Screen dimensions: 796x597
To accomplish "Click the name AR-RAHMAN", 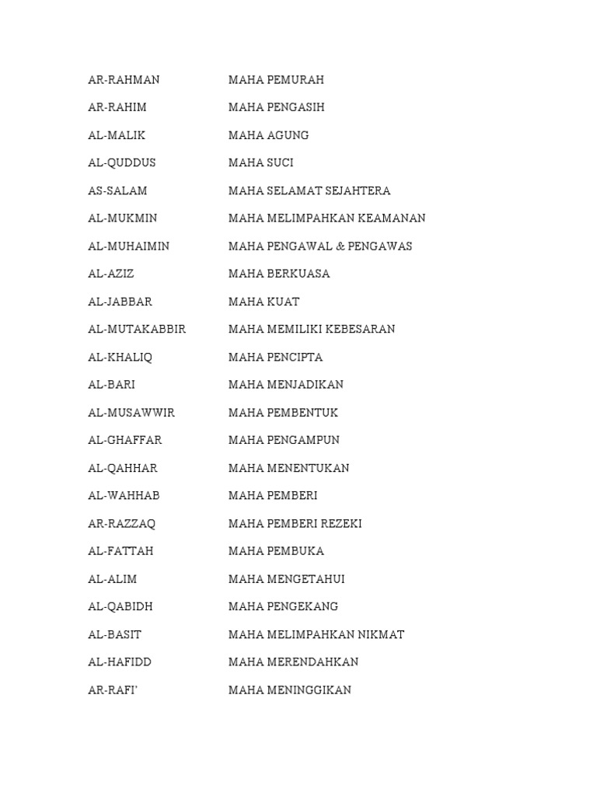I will click(124, 80).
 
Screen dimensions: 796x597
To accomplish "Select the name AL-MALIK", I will click(117, 135).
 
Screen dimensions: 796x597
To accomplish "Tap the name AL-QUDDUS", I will click(121, 163).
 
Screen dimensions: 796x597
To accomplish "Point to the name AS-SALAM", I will click(117, 190).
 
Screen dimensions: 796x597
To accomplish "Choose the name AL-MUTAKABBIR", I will click(137, 330).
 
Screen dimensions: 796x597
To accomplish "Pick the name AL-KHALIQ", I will click(120, 358).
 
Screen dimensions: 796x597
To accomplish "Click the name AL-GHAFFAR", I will click(124, 440).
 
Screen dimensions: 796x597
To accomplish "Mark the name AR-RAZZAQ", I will click(121, 524).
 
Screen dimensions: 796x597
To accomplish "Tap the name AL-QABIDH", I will click(120, 606).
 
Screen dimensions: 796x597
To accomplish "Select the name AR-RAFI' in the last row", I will click(112, 690).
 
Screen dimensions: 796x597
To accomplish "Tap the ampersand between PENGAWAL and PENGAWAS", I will click(340, 246).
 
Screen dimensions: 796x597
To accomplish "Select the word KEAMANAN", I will click(392, 218).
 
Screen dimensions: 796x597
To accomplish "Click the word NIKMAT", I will click(381, 634).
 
